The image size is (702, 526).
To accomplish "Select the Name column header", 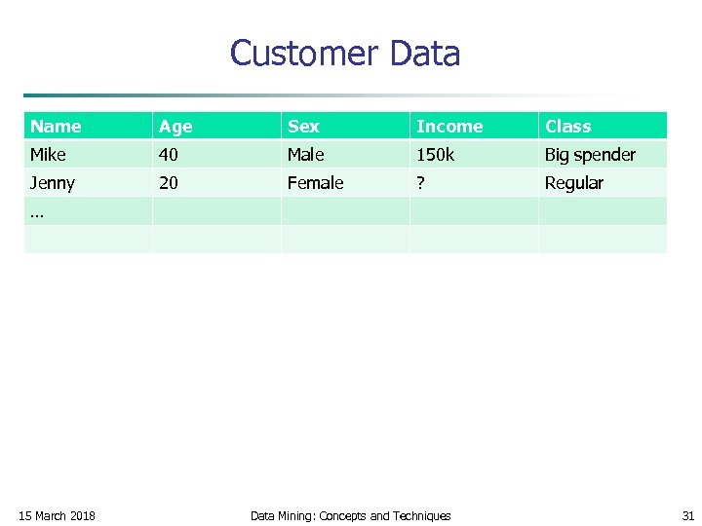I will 56,127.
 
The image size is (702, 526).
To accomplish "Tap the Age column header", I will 175,127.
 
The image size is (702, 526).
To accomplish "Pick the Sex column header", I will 303,127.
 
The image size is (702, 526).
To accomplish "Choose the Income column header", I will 448,127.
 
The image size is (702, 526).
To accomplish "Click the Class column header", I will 567,127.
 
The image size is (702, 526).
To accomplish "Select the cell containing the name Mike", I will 48,155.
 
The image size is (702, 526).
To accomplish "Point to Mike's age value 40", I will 169,155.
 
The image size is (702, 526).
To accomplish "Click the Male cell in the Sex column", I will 305,155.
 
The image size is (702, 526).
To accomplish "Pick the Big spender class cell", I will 590,155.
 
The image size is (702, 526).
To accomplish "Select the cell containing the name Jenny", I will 53,183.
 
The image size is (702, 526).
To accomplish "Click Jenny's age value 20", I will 169,183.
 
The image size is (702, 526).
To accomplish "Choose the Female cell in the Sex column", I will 315,183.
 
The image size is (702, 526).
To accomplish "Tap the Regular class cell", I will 573,183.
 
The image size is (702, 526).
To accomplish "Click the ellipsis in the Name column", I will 36,212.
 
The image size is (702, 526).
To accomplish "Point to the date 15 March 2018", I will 58,515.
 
